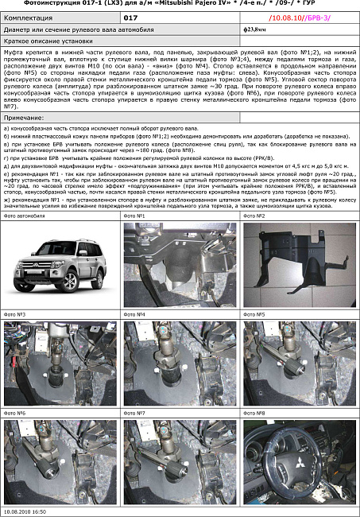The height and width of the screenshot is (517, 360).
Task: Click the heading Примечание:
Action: tap(25, 117)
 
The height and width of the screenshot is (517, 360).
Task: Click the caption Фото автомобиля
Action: tap(25, 216)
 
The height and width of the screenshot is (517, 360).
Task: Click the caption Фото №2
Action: tap(254, 216)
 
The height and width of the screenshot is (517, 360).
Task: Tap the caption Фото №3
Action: tap(15, 314)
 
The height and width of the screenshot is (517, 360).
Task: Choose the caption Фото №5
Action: tap(254, 314)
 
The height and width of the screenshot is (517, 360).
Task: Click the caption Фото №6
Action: tap(15, 413)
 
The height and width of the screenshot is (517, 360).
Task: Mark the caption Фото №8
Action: tap(254, 413)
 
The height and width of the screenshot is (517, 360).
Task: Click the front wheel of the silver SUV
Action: tap(70, 279)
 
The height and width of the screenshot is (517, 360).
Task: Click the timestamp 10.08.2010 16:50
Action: tap(25, 511)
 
